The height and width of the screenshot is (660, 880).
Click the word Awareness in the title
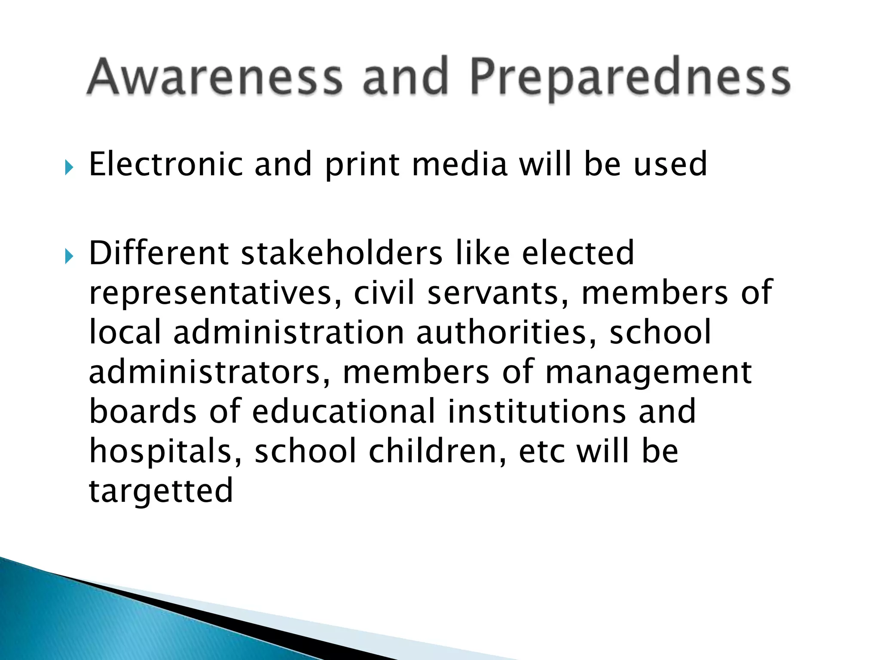tap(215, 77)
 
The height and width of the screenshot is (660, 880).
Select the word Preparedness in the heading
tap(630, 77)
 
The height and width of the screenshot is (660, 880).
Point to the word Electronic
tap(165, 164)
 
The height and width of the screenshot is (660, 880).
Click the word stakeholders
tap(342, 253)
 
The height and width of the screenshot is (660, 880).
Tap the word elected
tap(578, 253)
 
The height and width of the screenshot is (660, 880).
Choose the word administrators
tap(211, 372)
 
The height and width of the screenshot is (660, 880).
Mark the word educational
tap(344, 411)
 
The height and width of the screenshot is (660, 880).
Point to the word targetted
tap(161, 491)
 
